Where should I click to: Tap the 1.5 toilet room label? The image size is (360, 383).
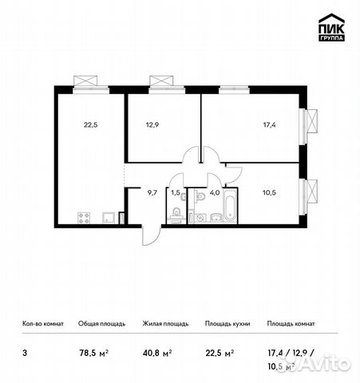176,192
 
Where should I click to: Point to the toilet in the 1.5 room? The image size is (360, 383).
175,213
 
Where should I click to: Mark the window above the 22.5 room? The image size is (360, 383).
85,80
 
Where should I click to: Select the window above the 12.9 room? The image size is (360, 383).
160,80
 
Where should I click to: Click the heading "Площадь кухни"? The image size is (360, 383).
227,324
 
